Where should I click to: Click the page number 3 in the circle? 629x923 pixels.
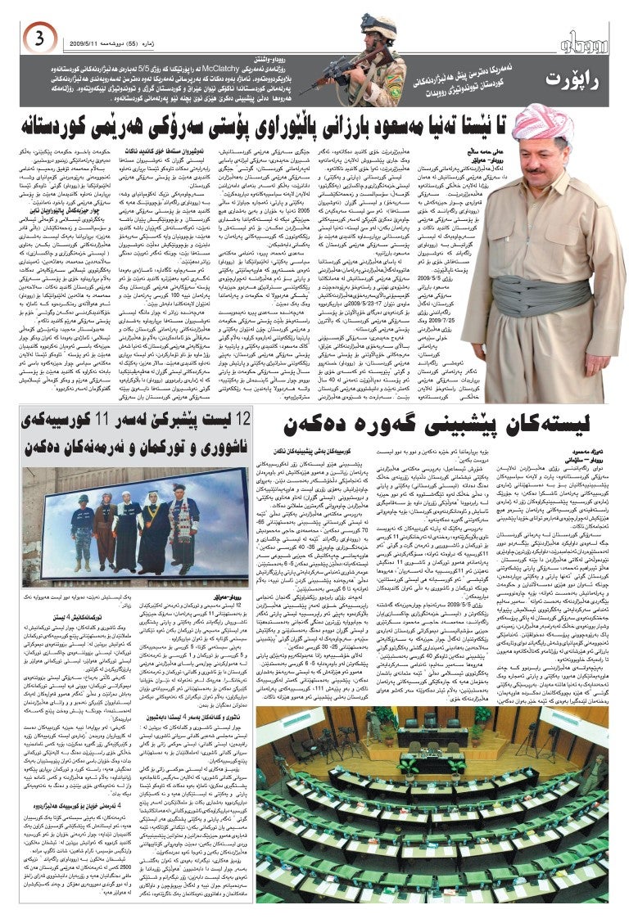[x=39, y=36]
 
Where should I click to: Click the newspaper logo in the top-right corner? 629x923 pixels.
[x=581, y=38]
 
